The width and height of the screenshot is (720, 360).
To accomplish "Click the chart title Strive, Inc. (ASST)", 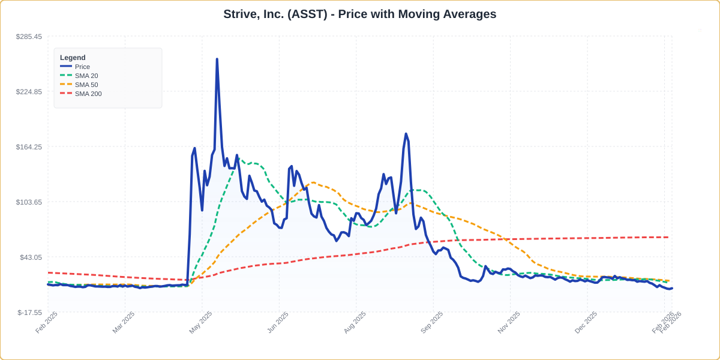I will point(359,14).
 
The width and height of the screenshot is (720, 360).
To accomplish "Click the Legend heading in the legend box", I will point(73,58).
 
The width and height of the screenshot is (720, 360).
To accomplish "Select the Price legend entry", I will point(82,67).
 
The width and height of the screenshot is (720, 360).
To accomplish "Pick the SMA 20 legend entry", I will point(86,76).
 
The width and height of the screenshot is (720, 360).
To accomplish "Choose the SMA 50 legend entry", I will point(86,85).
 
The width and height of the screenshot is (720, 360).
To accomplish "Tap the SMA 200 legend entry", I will point(88,94).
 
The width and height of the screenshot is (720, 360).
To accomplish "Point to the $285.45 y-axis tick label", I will point(29,37).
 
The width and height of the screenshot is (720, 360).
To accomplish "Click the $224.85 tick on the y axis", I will point(29,92).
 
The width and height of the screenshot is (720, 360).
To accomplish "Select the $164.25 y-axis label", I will point(29,147).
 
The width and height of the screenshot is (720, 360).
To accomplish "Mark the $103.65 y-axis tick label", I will point(29,202).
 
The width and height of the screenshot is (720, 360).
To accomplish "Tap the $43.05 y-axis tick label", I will point(31,257).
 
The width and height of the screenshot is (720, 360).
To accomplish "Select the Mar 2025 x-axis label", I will point(123,322).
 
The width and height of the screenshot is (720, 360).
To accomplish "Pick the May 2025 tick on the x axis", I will point(200,322).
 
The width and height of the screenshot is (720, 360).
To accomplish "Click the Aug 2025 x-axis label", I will point(354,322).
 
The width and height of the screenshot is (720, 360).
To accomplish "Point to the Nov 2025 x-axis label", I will point(508,322).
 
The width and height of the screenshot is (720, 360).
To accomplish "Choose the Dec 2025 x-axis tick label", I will point(585,322).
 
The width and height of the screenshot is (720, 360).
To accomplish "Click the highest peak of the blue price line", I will point(217,59).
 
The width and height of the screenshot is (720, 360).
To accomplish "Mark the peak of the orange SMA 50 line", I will point(311,183).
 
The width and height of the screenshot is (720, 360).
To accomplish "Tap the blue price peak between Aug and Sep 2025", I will point(406,134).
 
